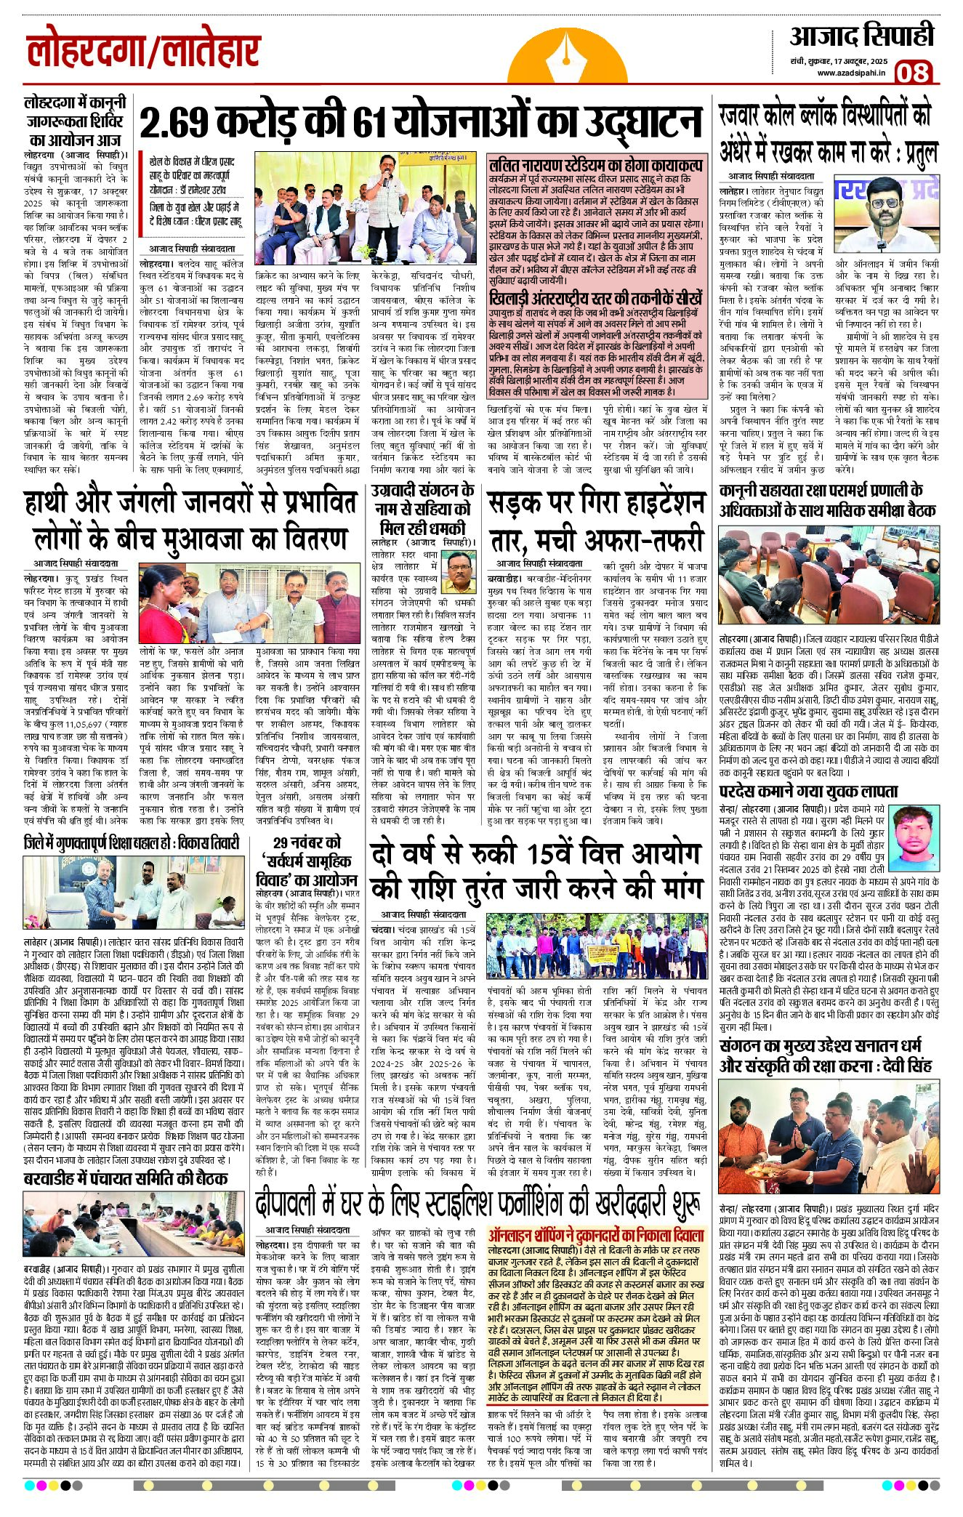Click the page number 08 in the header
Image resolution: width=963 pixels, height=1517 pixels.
pyautogui.click(x=911, y=73)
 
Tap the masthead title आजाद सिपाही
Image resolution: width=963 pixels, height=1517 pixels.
pyautogui.click(x=861, y=36)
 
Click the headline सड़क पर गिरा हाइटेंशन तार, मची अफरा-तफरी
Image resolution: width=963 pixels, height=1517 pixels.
pyautogui.click(x=595, y=521)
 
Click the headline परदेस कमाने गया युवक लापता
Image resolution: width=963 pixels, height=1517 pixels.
pyautogui.click(x=808, y=792)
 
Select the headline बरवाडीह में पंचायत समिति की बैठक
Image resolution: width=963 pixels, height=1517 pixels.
pyautogui.click(x=126, y=1178)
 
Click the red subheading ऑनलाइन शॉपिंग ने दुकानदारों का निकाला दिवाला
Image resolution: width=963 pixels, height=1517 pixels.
pyautogui.click(x=596, y=1235)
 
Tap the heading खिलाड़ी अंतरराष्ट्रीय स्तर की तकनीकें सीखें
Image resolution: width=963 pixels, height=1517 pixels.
pyautogui.click(x=596, y=299)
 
